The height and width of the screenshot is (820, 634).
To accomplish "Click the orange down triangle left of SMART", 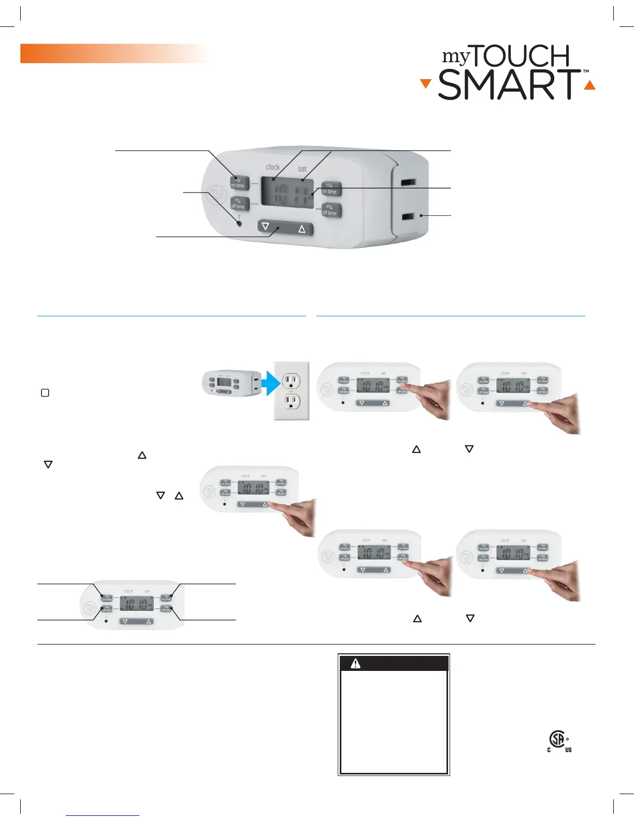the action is tap(425, 84).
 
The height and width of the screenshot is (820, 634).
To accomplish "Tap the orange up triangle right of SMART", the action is tap(589, 85).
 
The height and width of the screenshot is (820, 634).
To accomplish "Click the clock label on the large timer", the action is tap(272, 167).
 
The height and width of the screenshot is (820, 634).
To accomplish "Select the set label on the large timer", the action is tap(302, 169).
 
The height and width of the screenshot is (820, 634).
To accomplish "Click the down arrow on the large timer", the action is tap(266, 226).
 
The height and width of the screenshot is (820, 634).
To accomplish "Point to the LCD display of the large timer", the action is tap(287, 193).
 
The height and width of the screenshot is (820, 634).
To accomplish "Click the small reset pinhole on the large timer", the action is tap(239, 224).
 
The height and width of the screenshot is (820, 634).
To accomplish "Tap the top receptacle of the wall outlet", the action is tap(291, 382).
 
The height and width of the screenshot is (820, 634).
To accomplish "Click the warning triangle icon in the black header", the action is tap(355, 663).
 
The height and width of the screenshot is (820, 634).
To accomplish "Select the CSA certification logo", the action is tap(558, 741).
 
